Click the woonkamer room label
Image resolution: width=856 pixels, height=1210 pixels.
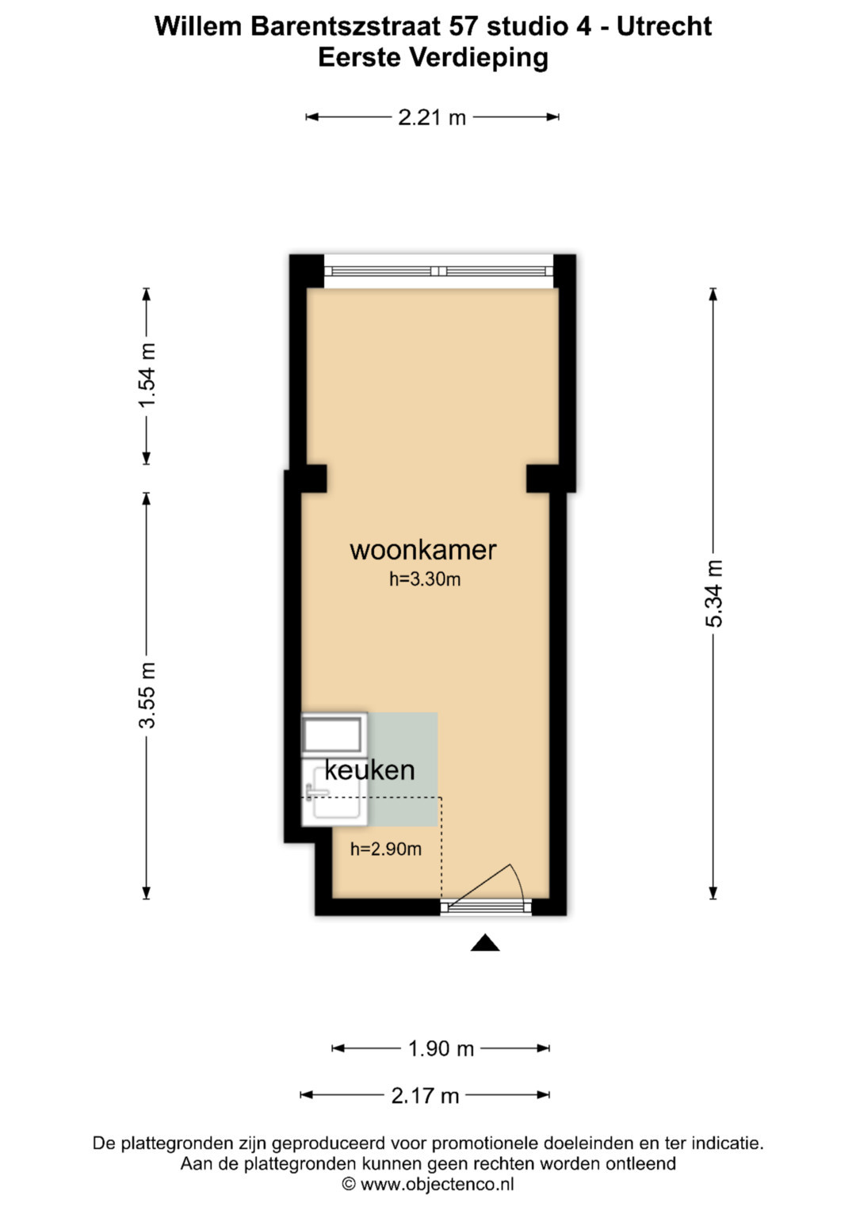point(423,551)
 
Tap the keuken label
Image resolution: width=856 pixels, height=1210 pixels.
point(369,770)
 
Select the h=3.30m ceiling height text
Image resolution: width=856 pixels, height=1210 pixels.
point(425,579)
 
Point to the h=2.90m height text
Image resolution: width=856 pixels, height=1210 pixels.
point(386,849)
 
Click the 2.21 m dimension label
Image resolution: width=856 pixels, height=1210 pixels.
point(432,117)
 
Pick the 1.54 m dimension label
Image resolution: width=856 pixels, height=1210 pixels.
point(147,375)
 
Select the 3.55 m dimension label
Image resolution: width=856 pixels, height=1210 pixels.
point(147,695)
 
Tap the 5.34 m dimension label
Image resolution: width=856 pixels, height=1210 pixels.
point(713,594)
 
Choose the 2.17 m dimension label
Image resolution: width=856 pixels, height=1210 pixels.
point(426,1095)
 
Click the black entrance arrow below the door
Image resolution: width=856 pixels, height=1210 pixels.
point(485,942)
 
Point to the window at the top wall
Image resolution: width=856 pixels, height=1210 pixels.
point(439,271)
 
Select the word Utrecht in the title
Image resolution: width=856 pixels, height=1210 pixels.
point(664,26)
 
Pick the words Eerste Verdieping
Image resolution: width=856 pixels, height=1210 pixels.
point(433,58)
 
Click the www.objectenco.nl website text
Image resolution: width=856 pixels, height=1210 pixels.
point(438,1184)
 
